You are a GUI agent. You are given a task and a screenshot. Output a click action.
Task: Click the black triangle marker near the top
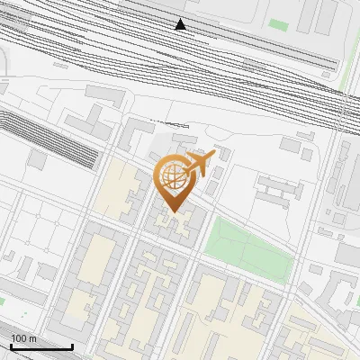(181, 24)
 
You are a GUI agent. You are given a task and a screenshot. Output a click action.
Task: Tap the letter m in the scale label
(33, 337)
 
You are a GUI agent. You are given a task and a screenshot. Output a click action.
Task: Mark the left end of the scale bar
(10, 346)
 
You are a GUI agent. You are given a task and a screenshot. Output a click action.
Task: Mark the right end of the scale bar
(73, 346)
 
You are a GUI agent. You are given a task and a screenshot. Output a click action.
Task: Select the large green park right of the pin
(248, 247)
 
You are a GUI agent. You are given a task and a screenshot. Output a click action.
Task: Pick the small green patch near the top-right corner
(279, 25)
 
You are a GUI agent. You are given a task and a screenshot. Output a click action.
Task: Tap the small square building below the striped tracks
(37, 159)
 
